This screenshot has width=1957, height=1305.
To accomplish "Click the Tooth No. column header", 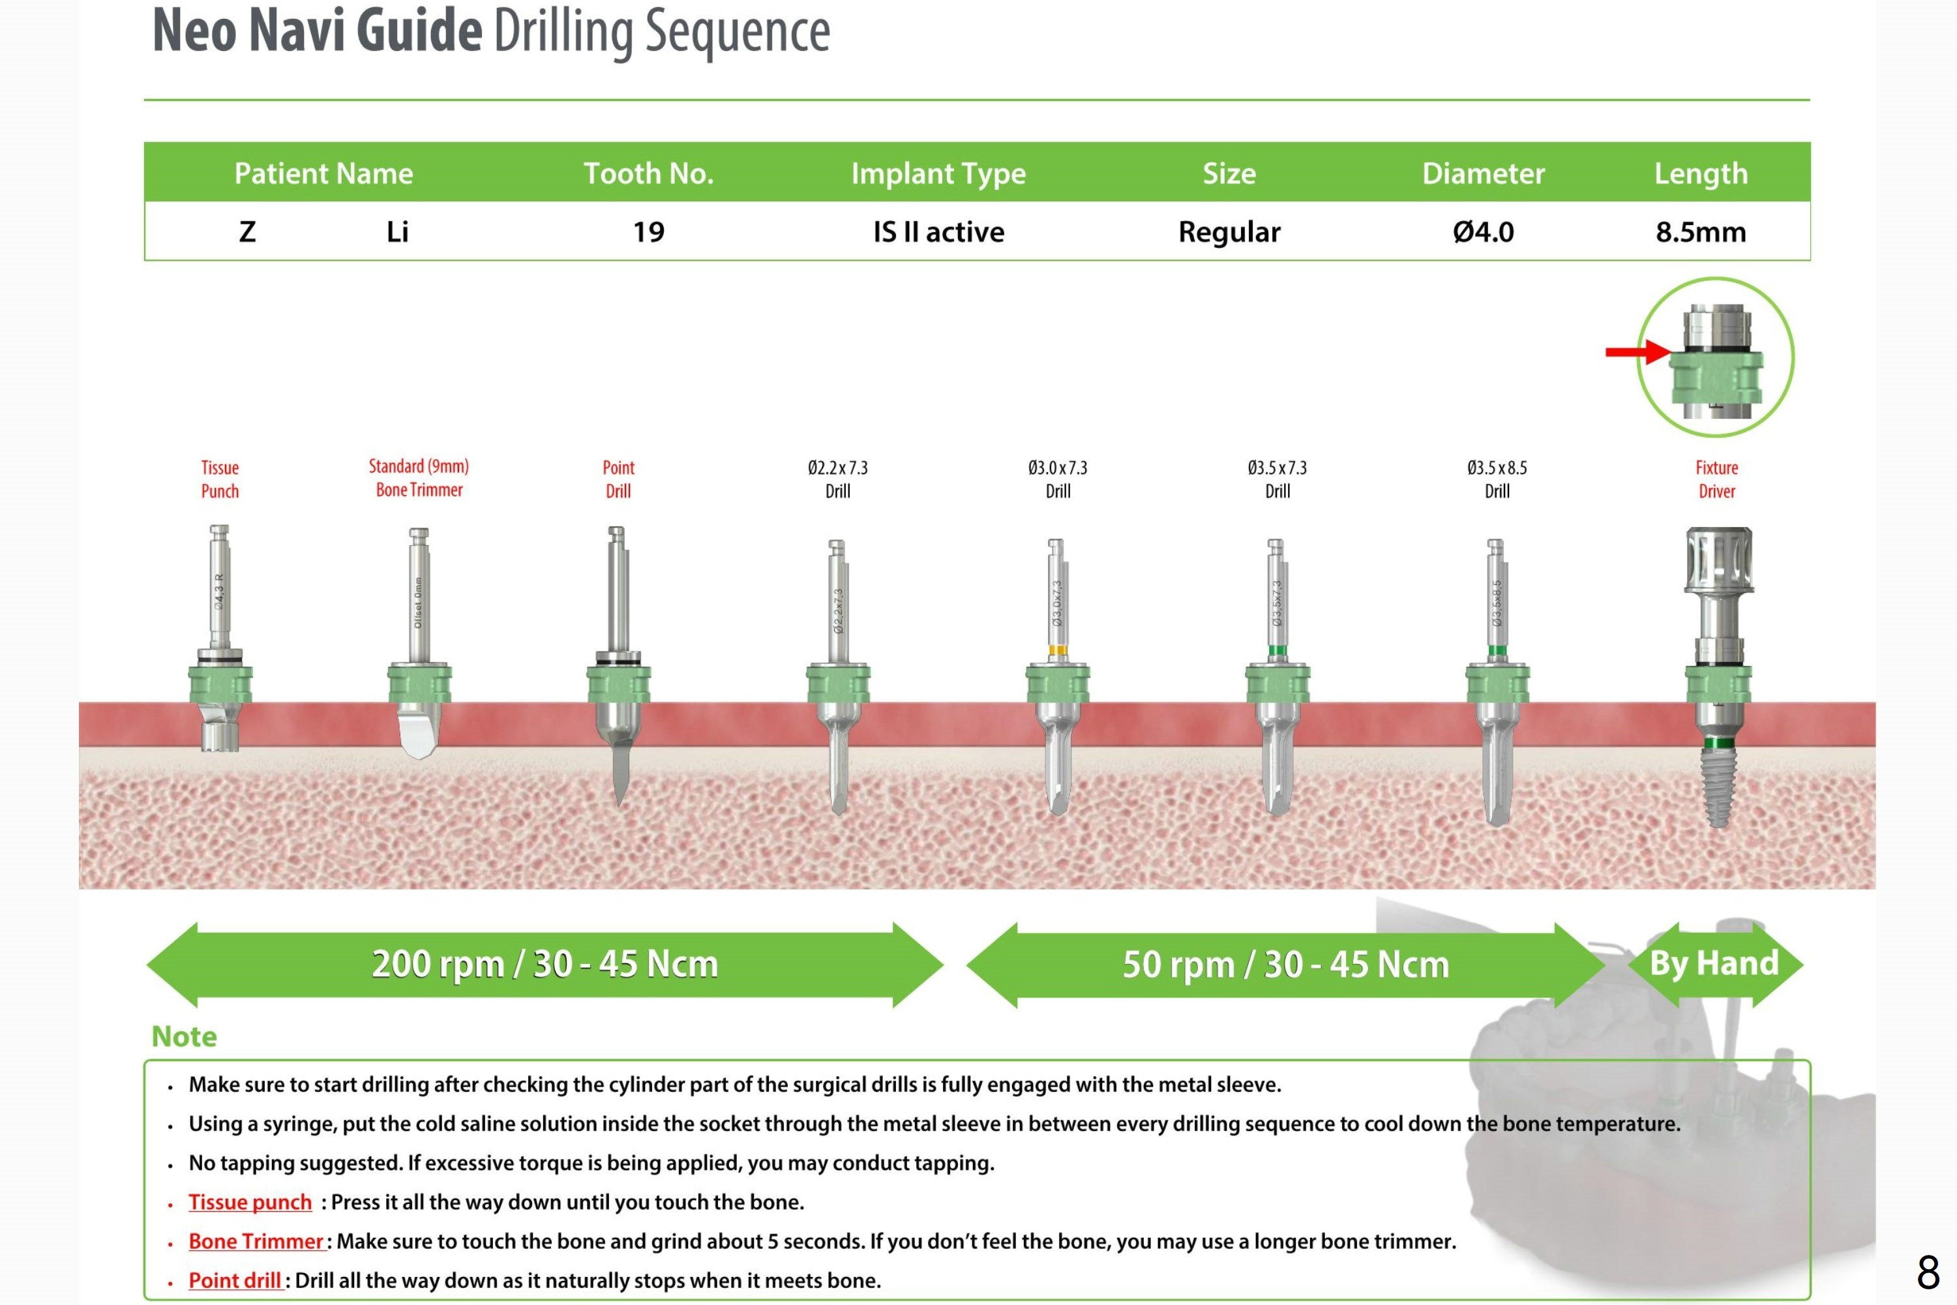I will [x=648, y=173].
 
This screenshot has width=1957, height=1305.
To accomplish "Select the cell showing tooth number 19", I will [x=648, y=232].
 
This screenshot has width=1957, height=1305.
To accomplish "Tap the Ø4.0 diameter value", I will [x=1483, y=232].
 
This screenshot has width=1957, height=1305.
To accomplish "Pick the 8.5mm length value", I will [x=1700, y=232].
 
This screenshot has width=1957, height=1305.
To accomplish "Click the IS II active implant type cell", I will [x=938, y=232].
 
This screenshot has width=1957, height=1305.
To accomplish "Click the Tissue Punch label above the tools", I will [x=220, y=479].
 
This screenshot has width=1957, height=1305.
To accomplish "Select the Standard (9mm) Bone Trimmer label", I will [x=419, y=478].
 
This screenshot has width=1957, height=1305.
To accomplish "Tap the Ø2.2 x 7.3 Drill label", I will [x=837, y=479].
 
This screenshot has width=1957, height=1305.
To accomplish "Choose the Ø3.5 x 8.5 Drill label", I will [x=1496, y=479].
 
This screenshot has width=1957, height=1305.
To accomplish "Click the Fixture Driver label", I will [x=1716, y=479].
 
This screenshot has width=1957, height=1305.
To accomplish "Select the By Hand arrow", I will [x=1714, y=964].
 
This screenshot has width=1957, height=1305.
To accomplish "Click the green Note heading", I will [x=184, y=1036].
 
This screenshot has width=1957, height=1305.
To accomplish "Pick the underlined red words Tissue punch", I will [x=250, y=1202].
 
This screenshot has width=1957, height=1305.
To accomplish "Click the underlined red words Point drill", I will [x=234, y=1280].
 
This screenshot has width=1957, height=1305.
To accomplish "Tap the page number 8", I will [x=1928, y=1272].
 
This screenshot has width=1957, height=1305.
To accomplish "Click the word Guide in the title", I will [x=419, y=31].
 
